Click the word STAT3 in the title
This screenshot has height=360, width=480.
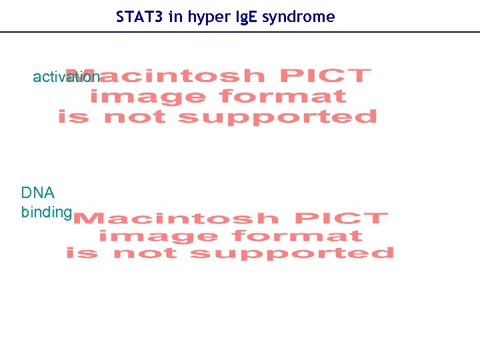140,17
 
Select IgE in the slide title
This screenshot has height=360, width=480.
244,17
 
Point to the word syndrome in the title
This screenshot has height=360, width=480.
298,17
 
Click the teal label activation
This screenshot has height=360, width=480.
66,77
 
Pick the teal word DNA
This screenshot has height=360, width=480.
38,193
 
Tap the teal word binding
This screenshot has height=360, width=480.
46,213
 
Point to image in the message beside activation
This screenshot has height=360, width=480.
148,97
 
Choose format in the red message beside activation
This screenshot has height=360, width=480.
283,97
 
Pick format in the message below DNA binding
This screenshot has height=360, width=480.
298,236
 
